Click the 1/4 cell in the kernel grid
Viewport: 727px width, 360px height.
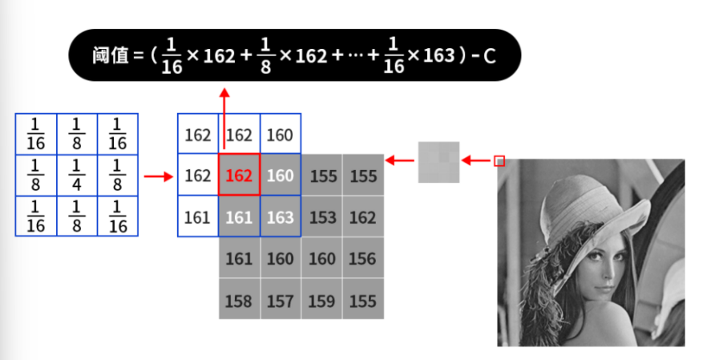[77, 175]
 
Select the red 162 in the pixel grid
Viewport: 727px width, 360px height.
[239, 175]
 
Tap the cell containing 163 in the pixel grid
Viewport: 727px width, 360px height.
[280, 216]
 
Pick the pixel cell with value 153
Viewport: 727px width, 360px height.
[322, 216]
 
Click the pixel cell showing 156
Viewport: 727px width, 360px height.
[363, 258]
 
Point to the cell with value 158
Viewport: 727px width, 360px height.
[239, 301]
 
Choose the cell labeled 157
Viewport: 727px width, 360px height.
[280, 301]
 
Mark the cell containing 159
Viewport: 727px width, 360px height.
[322, 301]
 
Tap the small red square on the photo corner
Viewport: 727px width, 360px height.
[499, 160]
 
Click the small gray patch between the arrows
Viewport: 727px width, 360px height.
[438, 161]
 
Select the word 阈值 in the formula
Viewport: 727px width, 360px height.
[107, 56]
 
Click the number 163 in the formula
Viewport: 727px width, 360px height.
[439, 56]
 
